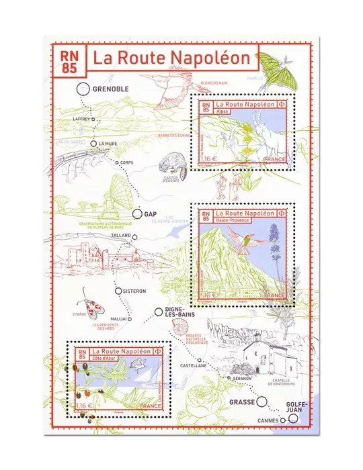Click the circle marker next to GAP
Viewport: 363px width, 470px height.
136,214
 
